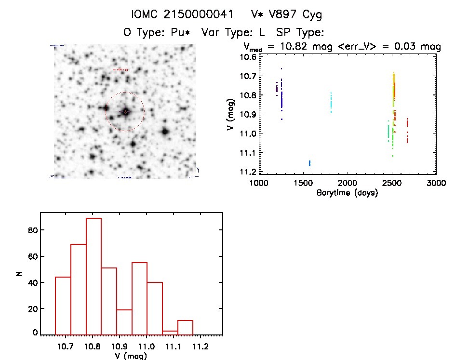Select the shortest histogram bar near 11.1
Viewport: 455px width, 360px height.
coord(170,332)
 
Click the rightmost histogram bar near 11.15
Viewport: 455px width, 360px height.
coord(185,327)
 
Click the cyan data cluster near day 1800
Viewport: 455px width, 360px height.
coord(331,102)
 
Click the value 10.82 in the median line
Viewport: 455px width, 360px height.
coord(295,47)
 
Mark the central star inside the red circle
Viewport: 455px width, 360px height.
coord(125,111)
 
